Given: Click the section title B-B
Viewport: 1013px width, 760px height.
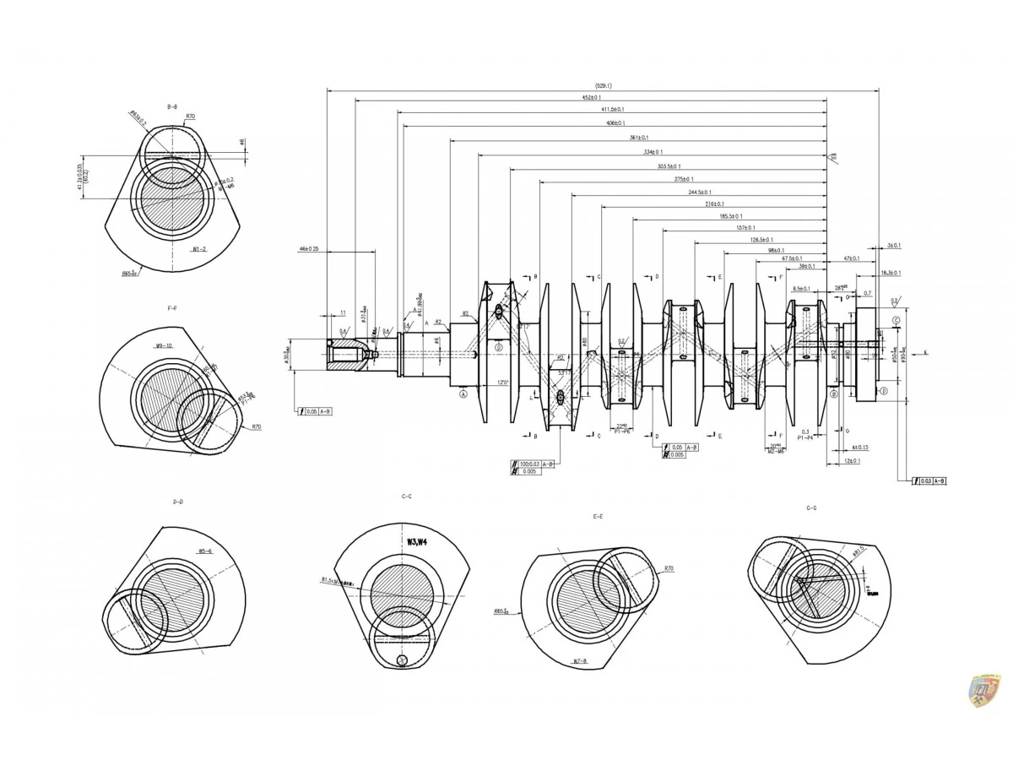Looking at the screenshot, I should click(172, 106).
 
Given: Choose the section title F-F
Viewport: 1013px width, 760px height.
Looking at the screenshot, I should click(172, 308).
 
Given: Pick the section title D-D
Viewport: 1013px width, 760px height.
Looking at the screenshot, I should click(178, 502).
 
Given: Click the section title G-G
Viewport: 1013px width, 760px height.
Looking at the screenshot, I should click(811, 508).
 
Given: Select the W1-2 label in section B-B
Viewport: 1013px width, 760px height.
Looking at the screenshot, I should click(199, 250).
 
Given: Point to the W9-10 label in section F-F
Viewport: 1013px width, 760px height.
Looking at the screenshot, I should click(164, 346).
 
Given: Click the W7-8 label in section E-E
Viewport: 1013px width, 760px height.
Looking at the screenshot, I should click(580, 660).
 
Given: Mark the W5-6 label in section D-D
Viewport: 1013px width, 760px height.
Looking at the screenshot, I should click(205, 551).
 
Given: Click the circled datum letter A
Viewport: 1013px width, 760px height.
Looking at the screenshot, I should click(463, 394).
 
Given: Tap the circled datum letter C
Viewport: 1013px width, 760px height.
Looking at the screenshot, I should click(896, 321).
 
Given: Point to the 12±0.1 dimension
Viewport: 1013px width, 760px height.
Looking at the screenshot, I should click(853, 461).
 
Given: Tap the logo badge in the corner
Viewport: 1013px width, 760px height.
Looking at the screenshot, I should click(983, 691).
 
